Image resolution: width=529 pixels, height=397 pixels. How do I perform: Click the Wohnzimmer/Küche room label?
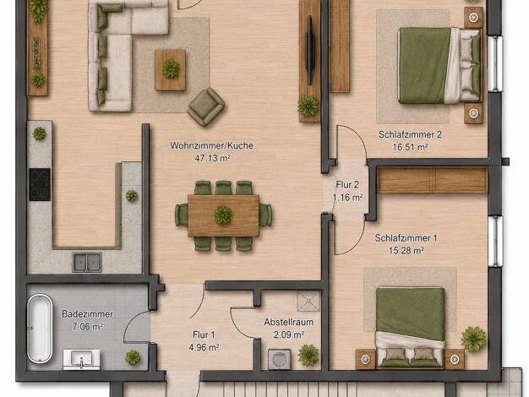pos(211,146)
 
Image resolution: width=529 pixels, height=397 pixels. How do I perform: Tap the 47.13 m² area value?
pos(213,158)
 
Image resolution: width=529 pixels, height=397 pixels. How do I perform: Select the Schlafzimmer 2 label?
pos(410,134)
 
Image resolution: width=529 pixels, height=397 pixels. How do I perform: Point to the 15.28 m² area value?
pos(406,251)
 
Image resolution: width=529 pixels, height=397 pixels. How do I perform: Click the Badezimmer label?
pos(87,314)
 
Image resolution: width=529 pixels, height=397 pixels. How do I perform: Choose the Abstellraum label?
pos(289,322)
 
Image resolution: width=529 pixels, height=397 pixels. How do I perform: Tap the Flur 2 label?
pos(347,185)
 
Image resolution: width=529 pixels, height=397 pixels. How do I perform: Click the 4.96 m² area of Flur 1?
pos(205,347)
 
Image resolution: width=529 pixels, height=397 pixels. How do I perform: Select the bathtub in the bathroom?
pos(40,329)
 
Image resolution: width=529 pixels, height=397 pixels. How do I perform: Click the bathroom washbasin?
pos(81,359)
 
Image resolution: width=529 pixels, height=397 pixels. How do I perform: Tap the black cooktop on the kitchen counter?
pos(40,184)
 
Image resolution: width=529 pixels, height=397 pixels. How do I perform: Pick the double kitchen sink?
pos(87,263)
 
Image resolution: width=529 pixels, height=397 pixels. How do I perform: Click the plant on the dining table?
pos(222,215)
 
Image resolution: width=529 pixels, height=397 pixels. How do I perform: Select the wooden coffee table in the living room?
pos(170,70)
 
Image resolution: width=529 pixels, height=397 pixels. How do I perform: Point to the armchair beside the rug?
pos(206,106)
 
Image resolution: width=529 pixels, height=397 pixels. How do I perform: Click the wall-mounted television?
pos(309,50)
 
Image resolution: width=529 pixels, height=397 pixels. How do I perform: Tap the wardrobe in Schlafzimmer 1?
pos(433,180)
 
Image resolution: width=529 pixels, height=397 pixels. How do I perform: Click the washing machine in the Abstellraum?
pos(280,360)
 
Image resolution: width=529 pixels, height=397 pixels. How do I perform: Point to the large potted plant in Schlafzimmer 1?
pos(473,339)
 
